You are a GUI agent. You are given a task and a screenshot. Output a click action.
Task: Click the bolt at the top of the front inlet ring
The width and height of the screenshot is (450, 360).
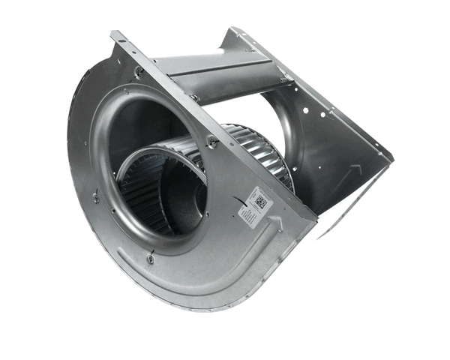coord(139,72)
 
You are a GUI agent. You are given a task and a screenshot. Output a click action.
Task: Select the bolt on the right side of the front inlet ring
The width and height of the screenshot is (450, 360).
coord(213,142)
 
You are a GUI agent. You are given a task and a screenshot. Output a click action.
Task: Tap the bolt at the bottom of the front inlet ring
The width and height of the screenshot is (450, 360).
coord(150,259)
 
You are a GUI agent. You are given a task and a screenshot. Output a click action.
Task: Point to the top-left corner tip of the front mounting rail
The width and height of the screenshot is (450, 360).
coord(113,34)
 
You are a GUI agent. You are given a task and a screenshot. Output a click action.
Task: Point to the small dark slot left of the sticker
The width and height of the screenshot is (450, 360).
coord(238,201)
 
